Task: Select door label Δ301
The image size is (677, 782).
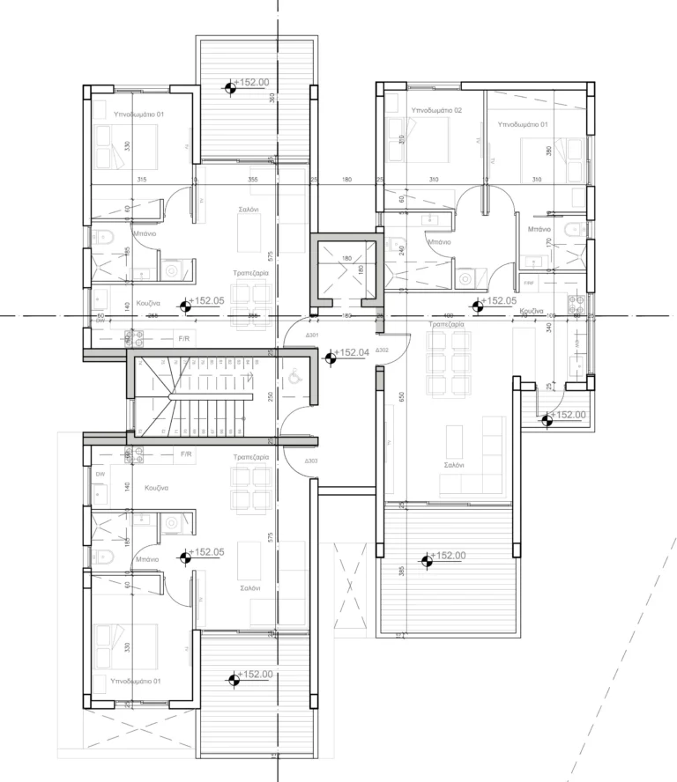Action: click(x=311, y=335)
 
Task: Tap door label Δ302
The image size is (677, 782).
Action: click(x=382, y=350)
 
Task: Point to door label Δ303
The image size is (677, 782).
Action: click(x=310, y=461)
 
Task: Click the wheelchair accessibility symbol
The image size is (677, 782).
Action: click(x=294, y=375)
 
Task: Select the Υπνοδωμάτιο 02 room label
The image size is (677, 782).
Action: click(x=436, y=110)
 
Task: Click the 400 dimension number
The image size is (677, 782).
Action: click(x=448, y=315)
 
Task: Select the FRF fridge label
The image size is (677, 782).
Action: click(x=529, y=284)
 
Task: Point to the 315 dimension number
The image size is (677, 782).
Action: click(x=141, y=180)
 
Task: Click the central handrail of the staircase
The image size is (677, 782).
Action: click(x=212, y=398)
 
